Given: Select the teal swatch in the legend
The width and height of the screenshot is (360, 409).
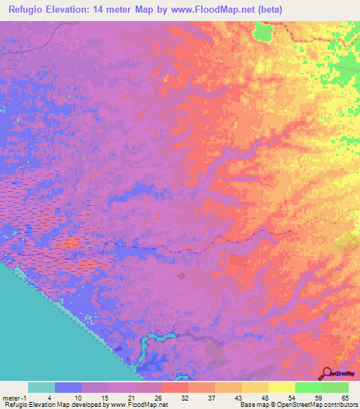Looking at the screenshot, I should [41, 387].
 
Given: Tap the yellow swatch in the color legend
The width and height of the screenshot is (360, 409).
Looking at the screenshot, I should [282, 387].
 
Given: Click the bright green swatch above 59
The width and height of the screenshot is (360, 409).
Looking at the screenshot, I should [309, 387].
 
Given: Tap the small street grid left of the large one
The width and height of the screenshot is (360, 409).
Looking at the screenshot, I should [181, 277].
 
